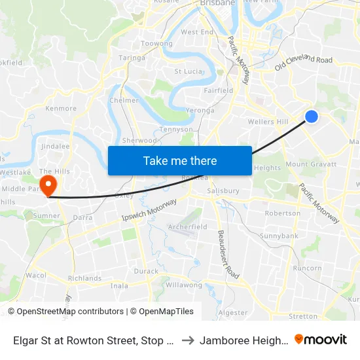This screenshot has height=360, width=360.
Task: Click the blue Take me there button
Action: [x=180, y=160]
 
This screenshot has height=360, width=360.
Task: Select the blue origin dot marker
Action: [x=312, y=117]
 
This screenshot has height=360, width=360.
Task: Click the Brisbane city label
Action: [x=218, y=3]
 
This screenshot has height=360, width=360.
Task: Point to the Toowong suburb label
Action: [x=156, y=44]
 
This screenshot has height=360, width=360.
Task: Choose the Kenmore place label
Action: [x=61, y=109]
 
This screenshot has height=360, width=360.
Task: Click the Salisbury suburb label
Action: [x=223, y=191]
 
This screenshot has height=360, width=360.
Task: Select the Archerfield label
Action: [x=188, y=227]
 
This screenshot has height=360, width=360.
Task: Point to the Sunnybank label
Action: [x=279, y=236]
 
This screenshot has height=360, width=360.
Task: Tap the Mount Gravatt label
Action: [x=311, y=164]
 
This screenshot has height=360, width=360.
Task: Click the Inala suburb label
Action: [x=119, y=285]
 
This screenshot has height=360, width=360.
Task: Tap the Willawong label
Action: [x=184, y=285]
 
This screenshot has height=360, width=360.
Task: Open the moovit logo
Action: [x=321, y=340]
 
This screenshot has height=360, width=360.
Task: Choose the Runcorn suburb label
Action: [x=308, y=268]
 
